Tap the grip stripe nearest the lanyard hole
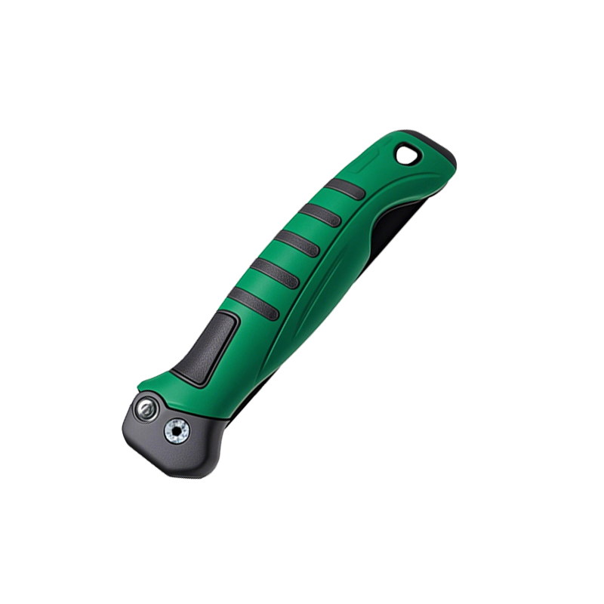point(345,189)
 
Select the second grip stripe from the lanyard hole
point(321,215)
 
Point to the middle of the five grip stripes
point(297,243)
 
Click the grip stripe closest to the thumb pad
point(254,302)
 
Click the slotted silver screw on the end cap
point(145,410)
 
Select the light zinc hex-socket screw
point(177,431)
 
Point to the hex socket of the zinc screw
point(177,431)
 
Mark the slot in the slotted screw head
point(145,410)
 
